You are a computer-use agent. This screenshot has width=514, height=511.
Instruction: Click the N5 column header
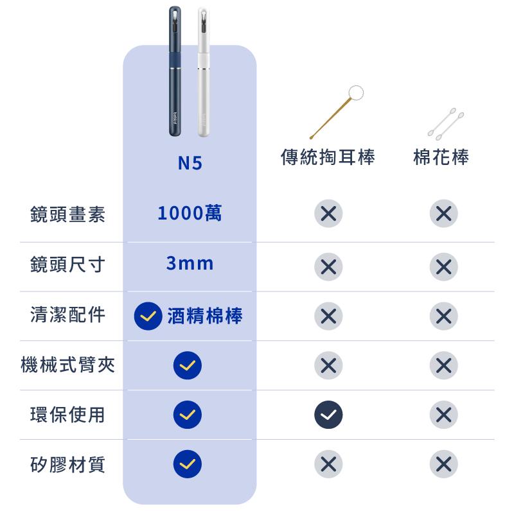click(x=190, y=163)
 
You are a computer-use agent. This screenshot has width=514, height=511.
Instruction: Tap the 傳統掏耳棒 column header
click(x=328, y=157)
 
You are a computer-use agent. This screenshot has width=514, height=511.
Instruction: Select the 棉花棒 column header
click(x=441, y=157)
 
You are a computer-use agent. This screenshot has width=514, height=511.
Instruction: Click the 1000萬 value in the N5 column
click(x=190, y=213)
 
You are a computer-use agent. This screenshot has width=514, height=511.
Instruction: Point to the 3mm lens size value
click(x=190, y=263)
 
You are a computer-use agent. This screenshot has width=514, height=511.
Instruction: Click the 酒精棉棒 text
click(x=205, y=316)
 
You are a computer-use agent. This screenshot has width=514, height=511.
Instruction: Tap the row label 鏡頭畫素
click(x=68, y=214)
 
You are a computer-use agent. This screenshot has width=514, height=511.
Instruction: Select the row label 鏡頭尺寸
click(x=68, y=264)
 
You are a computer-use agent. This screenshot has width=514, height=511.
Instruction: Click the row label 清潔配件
click(x=68, y=315)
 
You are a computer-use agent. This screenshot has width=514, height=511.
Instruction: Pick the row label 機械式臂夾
click(x=68, y=365)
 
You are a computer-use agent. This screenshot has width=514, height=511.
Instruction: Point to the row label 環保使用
click(x=68, y=414)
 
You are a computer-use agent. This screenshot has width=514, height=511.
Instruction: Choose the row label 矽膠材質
click(x=68, y=465)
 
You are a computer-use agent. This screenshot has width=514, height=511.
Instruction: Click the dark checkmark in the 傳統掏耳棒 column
click(x=328, y=415)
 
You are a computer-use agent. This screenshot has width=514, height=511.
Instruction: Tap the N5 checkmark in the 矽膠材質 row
click(x=188, y=464)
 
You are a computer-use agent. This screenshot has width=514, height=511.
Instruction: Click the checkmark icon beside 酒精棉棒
click(x=148, y=316)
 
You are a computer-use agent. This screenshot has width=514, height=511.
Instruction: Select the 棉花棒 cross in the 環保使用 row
click(x=444, y=415)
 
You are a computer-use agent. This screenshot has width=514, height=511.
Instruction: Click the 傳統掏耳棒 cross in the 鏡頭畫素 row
click(x=328, y=213)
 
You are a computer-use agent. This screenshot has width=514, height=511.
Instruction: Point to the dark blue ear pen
click(x=175, y=71)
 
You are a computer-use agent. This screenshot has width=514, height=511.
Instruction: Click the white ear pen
click(x=204, y=72)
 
